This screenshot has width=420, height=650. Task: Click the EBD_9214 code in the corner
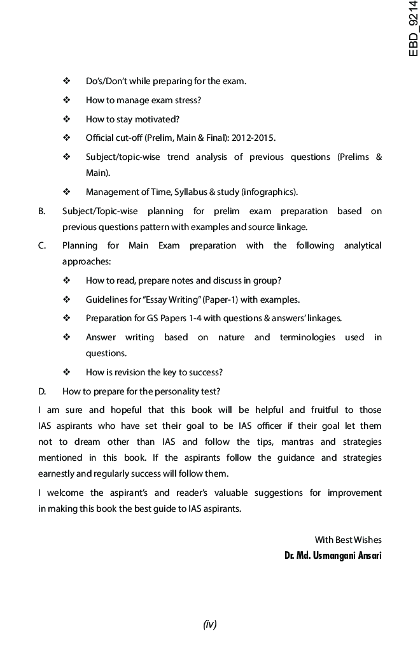pyautogui.click(x=414, y=29)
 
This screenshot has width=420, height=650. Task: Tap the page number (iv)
pyautogui.click(x=210, y=625)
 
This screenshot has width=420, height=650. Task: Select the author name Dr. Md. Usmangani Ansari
pyautogui.click(x=333, y=556)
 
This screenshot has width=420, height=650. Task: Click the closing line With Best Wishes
pyautogui.click(x=348, y=540)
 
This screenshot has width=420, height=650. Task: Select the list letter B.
pyautogui.click(x=41, y=211)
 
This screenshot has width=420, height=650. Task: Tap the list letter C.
pyautogui.click(x=41, y=245)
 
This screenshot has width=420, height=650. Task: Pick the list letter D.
pyautogui.click(x=41, y=391)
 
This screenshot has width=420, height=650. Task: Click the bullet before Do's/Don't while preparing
pyautogui.click(x=66, y=81)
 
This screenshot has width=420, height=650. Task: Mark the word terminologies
pyautogui.click(x=307, y=337)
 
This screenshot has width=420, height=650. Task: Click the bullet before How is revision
pyautogui.click(x=66, y=372)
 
